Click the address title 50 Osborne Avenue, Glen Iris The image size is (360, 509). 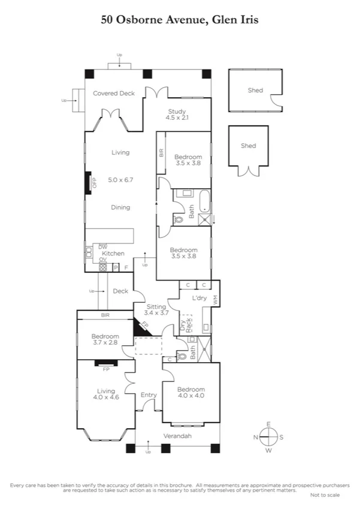(180, 20)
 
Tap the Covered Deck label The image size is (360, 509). (113, 93)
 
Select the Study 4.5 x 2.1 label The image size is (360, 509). (177, 115)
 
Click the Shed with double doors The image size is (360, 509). (248, 150)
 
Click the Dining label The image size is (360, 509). (120, 207)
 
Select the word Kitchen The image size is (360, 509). (113, 254)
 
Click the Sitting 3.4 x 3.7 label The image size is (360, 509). (156, 310)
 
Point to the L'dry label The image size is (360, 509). (199, 298)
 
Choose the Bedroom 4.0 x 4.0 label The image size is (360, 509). (191, 393)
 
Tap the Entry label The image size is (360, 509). (149, 395)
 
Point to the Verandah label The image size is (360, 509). (177, 436)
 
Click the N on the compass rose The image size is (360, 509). (256, 437)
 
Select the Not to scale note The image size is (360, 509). (325, 495)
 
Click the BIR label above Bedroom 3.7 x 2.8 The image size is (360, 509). (105, 315)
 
